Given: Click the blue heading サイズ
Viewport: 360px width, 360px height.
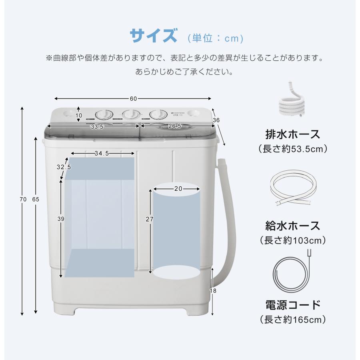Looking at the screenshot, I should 153,36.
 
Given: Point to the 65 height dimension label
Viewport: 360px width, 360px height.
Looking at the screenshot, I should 36,199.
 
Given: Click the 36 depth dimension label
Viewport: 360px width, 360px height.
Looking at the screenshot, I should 216,120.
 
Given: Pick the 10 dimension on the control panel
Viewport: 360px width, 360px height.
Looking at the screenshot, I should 79,116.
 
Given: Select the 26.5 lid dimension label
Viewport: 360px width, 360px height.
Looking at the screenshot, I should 174,126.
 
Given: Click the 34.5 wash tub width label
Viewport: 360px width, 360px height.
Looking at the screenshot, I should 102,154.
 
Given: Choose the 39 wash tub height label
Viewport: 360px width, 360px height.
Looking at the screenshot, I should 61,219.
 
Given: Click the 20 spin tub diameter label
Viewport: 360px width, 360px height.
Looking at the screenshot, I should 177,188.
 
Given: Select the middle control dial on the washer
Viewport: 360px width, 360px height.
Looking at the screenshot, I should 130,114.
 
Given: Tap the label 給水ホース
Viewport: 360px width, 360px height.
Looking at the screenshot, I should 293,226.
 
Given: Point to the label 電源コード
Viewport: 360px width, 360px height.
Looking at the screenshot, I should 293,305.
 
